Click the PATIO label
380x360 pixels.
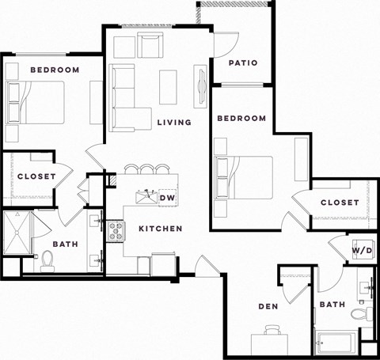click(x=243, y=63)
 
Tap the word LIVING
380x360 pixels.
click(x=174, y=122)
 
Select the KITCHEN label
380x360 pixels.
click(x=161, y=229)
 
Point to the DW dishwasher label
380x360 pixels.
click(x=167, y=197)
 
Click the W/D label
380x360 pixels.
click(x=362, y=250)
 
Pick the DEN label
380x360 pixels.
click(x=267, y=306)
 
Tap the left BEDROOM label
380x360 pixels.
click(x=55, y=70)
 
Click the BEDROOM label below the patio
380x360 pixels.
click(x=241, y=118)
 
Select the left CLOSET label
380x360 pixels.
click(x=36, y=176)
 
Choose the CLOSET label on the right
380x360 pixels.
click(x=340, y=203)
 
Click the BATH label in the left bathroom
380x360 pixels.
click(x=65, y=244)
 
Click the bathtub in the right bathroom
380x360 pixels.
click(x=336, y=343)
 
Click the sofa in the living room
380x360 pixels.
click(x=127, y=99)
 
